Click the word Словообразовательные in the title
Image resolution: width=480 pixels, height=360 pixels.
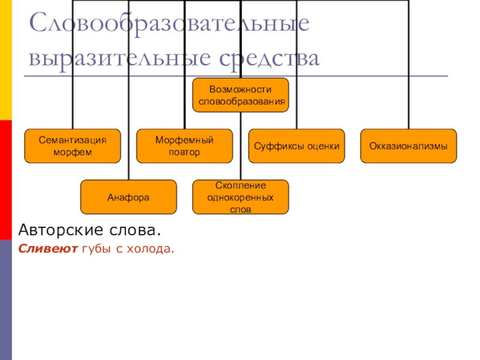pyautogui.click(x=169, y=25)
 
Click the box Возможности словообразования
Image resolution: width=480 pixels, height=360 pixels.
pyautogui.click(x=240, y=95)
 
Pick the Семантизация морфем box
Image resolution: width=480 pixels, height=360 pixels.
pyautogui.click(x=72, y=146)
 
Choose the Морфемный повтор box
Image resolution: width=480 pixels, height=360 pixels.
pyautogui.click(x=184, y=146)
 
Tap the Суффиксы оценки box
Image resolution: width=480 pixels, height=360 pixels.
pyautogui.click(x=296, y=146)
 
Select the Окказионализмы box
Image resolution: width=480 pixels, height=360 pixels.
pyautogui.click(x=408, y=146)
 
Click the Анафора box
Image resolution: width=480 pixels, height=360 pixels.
pyautogui.click(x=128, y=197)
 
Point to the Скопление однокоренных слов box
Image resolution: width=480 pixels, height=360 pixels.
pyautogui.click(x=240, y=197)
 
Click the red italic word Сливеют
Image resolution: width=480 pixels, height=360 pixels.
pyautogui.click(x=47, y=248)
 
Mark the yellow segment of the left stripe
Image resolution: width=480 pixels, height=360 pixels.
pyautogui.click(x=5, y=60)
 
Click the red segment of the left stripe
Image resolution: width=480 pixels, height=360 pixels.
pyautogui.click(x=5, y=180)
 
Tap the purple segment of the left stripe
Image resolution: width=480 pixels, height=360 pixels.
pyautogui.click(x=5, y=300)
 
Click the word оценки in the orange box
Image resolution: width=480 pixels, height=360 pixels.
pyautogui.click(x=325, y=146)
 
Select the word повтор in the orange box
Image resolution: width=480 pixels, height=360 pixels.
pyautogui.click(x=184, y=152)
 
